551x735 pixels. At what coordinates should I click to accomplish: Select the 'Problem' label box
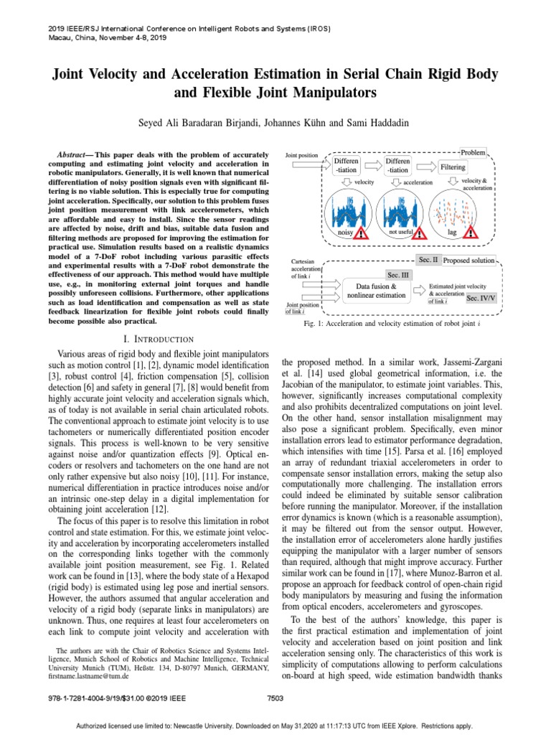(472, 152)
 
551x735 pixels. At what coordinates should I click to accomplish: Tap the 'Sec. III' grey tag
(397, 275)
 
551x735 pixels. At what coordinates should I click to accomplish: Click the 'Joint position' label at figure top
(302, 155)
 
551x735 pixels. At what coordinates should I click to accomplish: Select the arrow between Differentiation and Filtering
(425, 167)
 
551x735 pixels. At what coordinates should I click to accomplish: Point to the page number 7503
(275, 697)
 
